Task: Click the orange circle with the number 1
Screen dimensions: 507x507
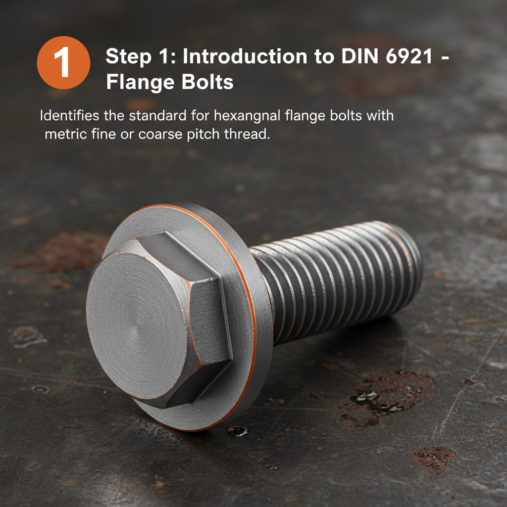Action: click(x=63, y=63)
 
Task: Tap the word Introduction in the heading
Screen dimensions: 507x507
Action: click(x=252, y=57)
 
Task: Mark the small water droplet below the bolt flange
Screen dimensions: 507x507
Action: click(x=237, y=431)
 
